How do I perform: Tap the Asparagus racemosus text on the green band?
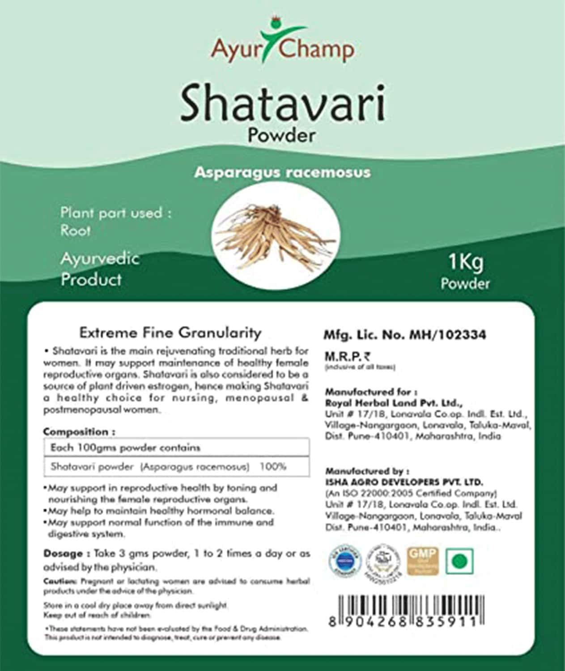point(282,172)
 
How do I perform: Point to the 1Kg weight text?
point(466,262)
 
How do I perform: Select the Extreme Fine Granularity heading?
point(170,333)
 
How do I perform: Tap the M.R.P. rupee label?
point(347,356)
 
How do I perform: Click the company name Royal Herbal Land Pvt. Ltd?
point(394,402)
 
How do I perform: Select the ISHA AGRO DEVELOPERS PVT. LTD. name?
point(404,482)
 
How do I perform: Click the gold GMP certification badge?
point(423,560)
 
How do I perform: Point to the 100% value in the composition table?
point(273,466)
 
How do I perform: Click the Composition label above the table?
point(79,432)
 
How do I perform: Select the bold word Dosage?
point(63,554)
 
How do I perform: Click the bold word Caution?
point(60,581)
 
